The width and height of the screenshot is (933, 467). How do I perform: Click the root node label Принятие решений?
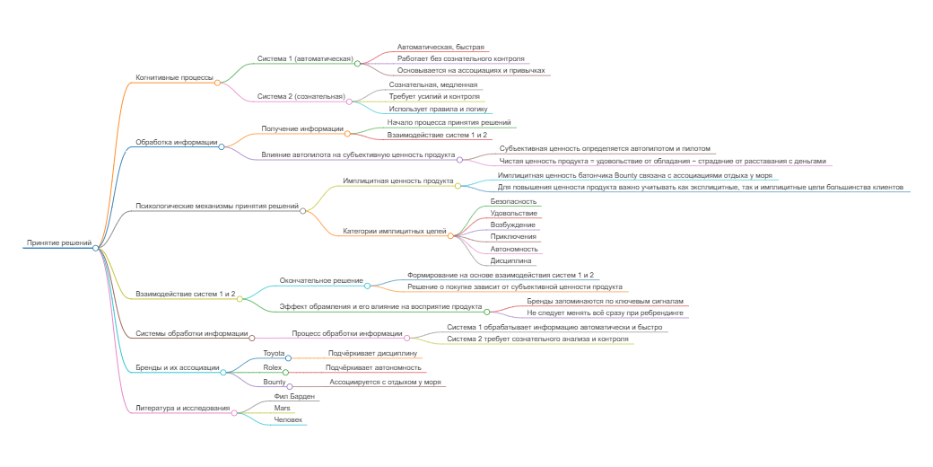point(59,242)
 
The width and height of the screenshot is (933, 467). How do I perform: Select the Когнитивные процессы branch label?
point(174,77)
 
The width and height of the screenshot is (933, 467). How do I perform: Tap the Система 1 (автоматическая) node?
point(305,58)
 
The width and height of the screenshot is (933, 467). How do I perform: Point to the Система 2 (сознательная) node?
point(301,96)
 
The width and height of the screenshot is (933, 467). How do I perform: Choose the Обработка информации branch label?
point(176,142)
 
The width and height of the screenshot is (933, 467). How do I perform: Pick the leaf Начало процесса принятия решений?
point(449,122)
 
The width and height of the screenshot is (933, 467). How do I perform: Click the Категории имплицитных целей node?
point(395,231)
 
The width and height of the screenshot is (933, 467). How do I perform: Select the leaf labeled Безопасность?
point(514,201)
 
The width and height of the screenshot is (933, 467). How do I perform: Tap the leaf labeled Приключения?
point(514,236)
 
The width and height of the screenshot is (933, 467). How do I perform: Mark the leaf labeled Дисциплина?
point(510,260)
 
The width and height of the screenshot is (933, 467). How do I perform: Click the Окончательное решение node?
point(321,280)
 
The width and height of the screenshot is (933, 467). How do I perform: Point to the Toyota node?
point(274,354)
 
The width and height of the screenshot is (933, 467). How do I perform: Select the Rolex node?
point(273,368)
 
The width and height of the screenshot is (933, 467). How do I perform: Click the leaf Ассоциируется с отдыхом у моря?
point(385,382)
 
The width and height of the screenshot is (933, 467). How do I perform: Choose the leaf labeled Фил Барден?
point(295,396)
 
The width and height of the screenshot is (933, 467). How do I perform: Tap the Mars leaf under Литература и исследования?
point(282,408)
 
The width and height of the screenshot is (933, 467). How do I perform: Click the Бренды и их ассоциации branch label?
point(177,368)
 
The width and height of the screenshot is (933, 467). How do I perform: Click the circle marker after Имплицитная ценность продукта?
point(458,186)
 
